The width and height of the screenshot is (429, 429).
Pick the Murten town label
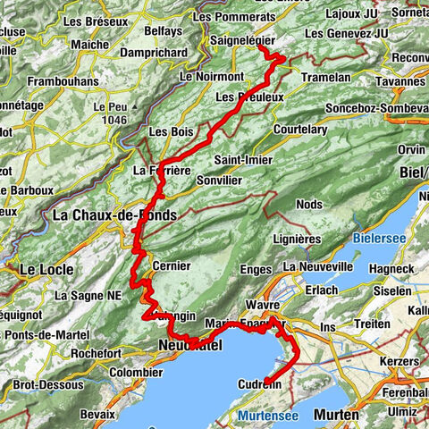(x=337, y=416)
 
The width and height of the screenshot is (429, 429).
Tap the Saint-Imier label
(x=241, y=160)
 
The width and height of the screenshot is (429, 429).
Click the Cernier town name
(x=172, y=265)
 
